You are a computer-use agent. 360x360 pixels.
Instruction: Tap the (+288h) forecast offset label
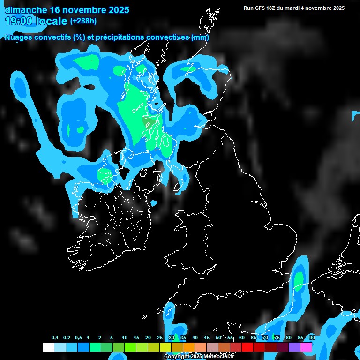coord(83,21)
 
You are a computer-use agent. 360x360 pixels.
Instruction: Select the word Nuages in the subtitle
coord(18,37)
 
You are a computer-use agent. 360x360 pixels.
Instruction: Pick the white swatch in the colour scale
coord(48,347)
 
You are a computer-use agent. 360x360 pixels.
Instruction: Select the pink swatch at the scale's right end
coord(306,347)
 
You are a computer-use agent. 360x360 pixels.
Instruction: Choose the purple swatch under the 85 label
coord(294,347)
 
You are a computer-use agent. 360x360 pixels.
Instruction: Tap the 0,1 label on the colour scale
coord(55,338)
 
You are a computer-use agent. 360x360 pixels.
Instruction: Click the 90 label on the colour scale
coord(312,338)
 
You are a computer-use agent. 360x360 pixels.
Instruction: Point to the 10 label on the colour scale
coord(124,338)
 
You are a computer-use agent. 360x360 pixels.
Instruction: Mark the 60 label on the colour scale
coord(241,338)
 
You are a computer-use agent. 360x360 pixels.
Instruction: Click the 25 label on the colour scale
coord(159,338)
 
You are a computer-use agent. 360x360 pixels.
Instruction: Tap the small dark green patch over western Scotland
coord(149,123)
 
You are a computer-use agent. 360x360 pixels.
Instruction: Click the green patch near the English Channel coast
coord(298,280)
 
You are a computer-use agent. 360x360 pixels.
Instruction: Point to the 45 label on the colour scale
coord(207,338)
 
